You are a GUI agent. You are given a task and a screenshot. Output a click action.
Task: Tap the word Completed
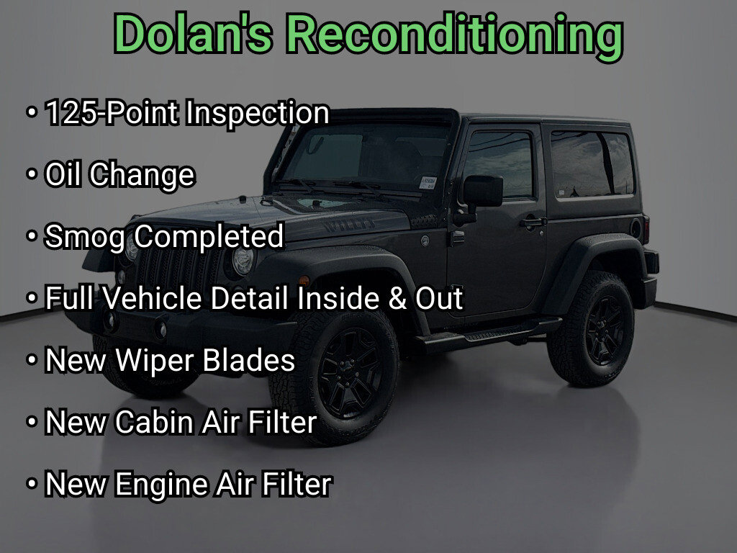[x=209, y=236]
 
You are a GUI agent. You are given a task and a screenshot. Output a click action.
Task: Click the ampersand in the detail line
[x=397, y=299]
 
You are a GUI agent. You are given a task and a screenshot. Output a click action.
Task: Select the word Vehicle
[x=150, y=298]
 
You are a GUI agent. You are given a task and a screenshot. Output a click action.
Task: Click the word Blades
[x=248, y=360]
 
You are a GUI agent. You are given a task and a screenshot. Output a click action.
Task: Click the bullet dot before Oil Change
[x=32, y=175]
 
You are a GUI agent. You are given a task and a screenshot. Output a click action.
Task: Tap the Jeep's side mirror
[x=482, y=191]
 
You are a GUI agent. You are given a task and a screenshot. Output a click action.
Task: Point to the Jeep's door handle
[x=533, y=222]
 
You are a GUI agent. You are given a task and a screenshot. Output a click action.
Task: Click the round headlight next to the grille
[x=243, y=261]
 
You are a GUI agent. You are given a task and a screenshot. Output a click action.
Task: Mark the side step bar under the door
[x=489, y=334]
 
